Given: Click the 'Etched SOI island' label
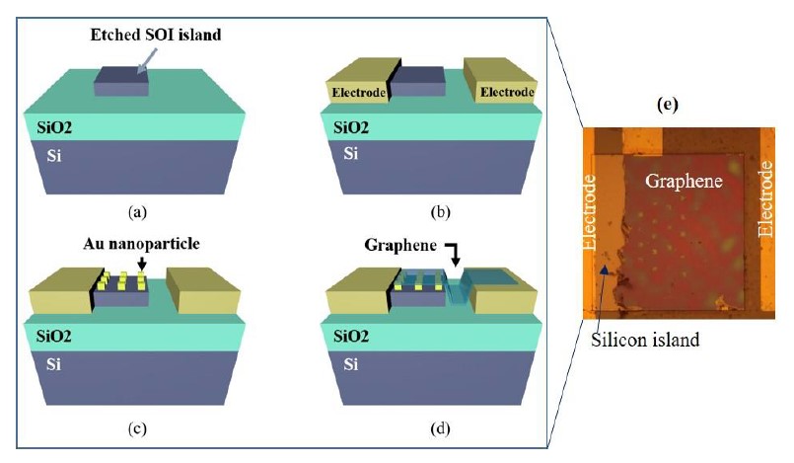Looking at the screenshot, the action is point(156,35).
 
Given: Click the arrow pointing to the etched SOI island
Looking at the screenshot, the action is point(147,61).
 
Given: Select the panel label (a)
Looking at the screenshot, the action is point(138,211).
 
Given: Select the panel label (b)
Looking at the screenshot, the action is point(440,211).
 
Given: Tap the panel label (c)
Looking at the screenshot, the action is point(137,428).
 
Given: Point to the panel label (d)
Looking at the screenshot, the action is point(440,428).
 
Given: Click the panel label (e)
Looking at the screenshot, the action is point(668,105).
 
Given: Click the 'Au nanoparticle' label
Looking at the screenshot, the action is point(141,244).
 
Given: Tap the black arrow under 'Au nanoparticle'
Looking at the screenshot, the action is point(142,264).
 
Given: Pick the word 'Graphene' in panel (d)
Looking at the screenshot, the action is point(400,245).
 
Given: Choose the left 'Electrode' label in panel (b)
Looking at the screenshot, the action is point(358,93).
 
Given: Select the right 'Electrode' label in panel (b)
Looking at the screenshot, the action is point(507,92).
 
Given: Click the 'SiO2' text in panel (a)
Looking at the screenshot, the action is point(54,127).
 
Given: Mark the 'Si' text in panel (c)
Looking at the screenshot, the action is point(53,364).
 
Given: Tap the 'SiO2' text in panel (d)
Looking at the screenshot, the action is point(351,336).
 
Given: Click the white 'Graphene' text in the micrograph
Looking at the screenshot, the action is point(684,181).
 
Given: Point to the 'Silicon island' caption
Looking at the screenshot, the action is point(645,339).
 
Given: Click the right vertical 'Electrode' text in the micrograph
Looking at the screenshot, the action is point(765,198).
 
